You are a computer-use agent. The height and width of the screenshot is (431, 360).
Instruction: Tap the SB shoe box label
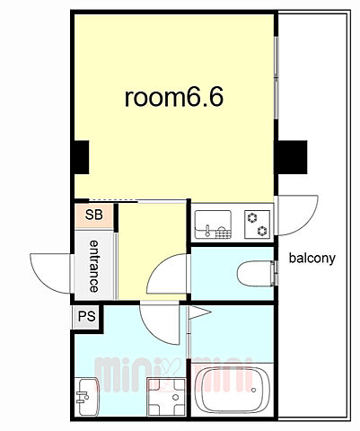click(94, 215)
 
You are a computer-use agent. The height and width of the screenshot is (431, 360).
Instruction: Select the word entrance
click(94, 266)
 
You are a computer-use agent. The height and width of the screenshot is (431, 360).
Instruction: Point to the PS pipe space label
click(87, 316)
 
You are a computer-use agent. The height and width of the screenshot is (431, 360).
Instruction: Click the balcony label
click(312, 258)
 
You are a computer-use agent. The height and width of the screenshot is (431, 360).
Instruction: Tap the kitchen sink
click(213, 224)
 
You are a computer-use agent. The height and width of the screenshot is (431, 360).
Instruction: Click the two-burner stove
click(257, 224)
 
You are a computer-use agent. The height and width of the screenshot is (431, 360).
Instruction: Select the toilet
click(256, 273)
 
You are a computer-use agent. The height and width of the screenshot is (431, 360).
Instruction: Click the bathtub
click(233, 390)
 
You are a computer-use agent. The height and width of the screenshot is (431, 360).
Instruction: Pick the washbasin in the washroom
click(88, 397)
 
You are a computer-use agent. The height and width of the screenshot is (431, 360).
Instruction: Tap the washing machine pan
click(166, 397)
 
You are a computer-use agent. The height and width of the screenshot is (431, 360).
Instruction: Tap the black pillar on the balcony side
click(292, 157)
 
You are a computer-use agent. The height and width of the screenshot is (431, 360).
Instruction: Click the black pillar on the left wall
click(82, 157)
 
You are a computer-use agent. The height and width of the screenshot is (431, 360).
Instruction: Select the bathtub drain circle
click(254, 390)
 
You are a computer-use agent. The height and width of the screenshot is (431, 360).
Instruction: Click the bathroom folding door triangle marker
click(200, 312)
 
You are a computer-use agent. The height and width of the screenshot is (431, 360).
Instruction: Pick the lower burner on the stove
click(263, 231)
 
